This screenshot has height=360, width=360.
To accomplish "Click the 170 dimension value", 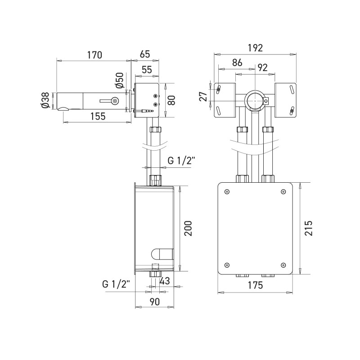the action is tap(94, 55).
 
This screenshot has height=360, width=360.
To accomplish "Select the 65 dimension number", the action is tap(145, 54).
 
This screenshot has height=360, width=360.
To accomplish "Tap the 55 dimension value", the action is tap(147, 70).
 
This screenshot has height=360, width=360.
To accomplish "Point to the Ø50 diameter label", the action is tap(120, 81).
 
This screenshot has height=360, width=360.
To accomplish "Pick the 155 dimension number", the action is tap(98, 116).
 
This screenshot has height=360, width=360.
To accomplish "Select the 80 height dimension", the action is tap(171, 100).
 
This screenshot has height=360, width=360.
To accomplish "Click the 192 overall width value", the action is tap(255, 48).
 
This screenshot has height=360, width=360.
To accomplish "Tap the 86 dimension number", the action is tap(237, 63).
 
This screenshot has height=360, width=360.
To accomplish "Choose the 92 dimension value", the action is tap(262, 68).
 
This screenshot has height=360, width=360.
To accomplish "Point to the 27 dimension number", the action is tap(203, 96).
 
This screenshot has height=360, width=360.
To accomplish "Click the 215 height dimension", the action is tap(309, 228).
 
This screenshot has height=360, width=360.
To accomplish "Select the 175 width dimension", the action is tap(255, 285).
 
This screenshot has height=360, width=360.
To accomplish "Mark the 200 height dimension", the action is tap(188, 228).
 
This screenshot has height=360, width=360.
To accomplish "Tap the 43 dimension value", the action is tap(165, 281).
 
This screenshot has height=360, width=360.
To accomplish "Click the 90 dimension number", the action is tap(154, 301).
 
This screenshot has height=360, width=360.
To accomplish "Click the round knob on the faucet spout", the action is tap(114, 100).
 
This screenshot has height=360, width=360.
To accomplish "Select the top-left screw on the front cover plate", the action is tap(227, 192).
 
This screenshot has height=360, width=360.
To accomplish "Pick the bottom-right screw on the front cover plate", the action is tap(283, 265).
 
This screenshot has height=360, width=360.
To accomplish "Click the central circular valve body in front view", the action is tap(255, 101).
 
